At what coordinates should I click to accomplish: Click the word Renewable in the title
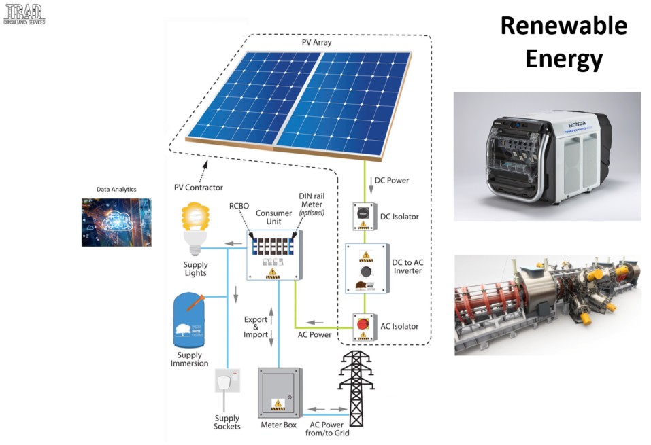pyautogui.click(x=563, y=26)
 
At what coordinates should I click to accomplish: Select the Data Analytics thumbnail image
pyautogui.click(x=116, y=221)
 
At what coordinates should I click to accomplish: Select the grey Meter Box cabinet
pyautogui.click(x=279, y=393)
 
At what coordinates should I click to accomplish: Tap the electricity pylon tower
pyautogui.click(x=352, y=387)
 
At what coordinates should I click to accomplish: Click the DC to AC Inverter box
pyautogui.click(x=367, y=268)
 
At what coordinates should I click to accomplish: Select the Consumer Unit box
pyautogui.click(x=274, y=255)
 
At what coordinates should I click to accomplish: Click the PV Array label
pyautogui.click(x=316, y=43)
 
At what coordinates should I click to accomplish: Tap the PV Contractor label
pyautogui.click(x=198, y=188)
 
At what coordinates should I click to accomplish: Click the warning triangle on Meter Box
pyautogui.click(x=278, y=404)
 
